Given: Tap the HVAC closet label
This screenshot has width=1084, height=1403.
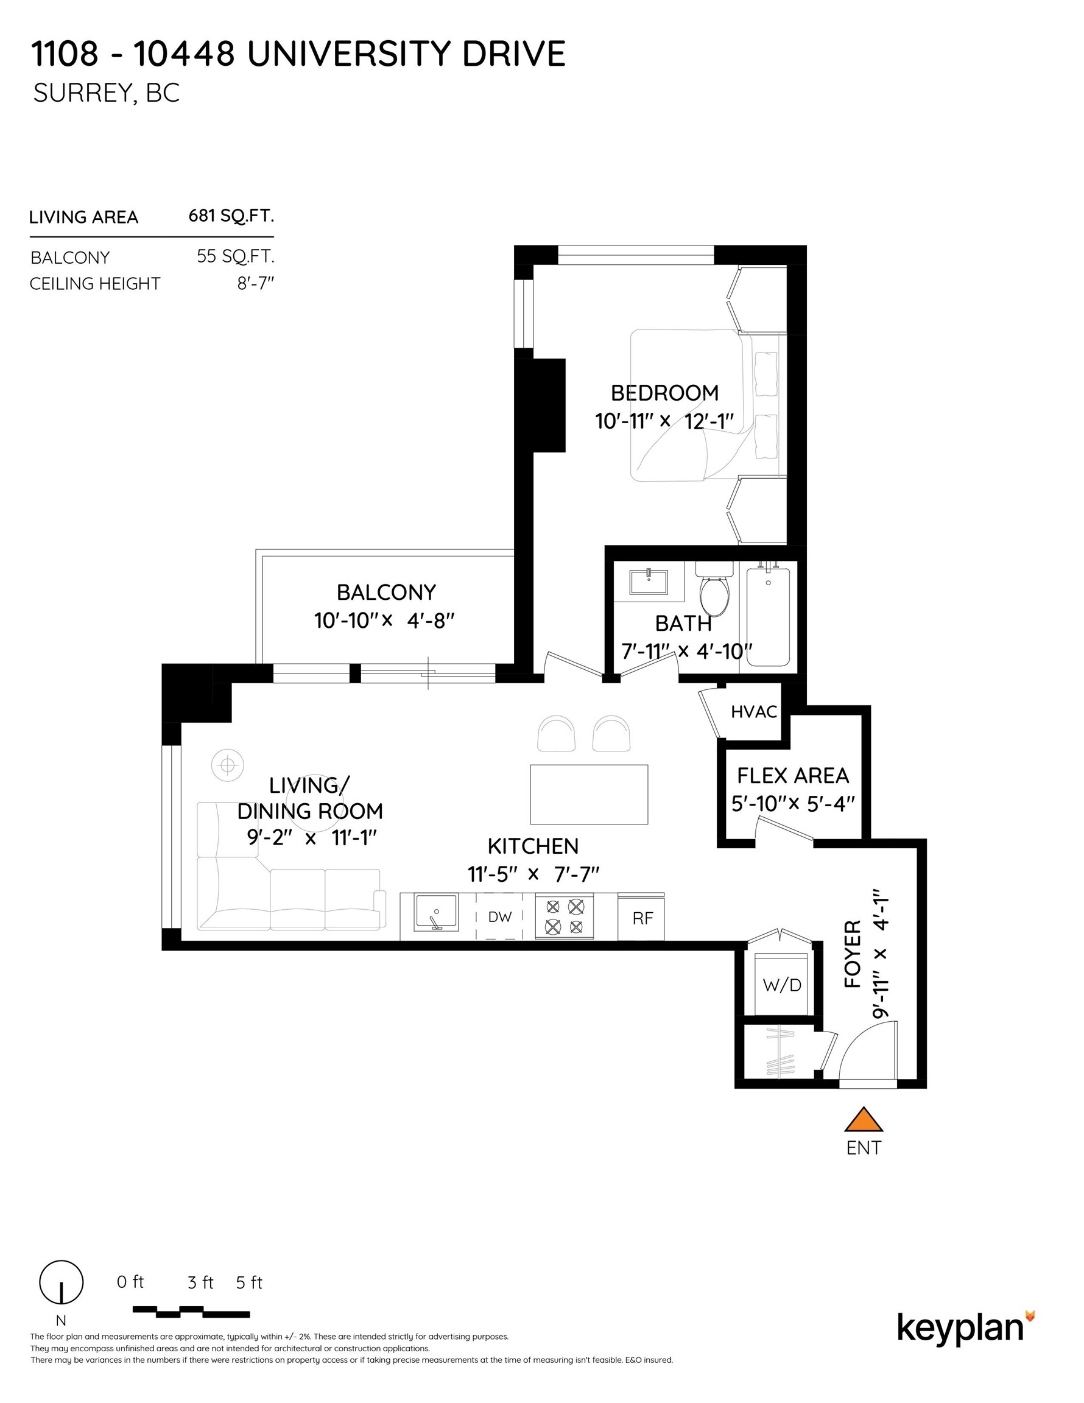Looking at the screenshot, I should [x=754, y=712].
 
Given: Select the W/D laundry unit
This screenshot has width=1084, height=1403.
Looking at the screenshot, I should [x=781, y=985].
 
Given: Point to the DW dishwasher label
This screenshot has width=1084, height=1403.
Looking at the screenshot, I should [x=499, y=916].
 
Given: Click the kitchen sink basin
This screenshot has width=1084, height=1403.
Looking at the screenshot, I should [x=435, y=913].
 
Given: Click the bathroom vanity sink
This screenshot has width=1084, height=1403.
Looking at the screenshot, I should [x=649, y=582].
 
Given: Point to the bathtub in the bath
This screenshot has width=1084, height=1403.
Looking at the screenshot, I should [x=768, y=616].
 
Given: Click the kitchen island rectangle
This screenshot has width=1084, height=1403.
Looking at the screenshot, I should [x=588, y=794].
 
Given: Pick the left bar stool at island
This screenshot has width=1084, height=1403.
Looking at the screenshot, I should [x=557, y=734].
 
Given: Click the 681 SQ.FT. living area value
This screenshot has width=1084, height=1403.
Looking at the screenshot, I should [x=231, y=215].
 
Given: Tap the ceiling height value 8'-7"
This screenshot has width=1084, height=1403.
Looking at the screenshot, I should [x=255, y=283].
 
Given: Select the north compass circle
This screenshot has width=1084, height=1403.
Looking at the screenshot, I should [x=61, y=1282].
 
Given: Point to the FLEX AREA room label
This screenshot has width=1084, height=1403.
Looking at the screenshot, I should [x=792, y=776].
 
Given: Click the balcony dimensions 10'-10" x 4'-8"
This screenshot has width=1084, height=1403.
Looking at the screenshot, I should [x=384, y=621].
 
